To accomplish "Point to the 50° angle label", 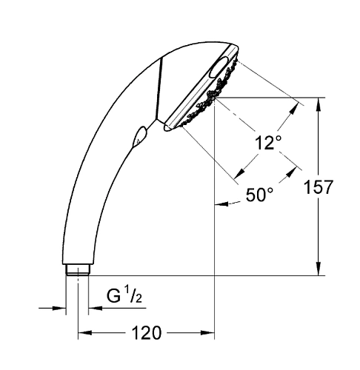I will click(259, 195).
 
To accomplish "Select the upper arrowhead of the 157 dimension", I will click(319, 102).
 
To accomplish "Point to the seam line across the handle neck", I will click(156, 90).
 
